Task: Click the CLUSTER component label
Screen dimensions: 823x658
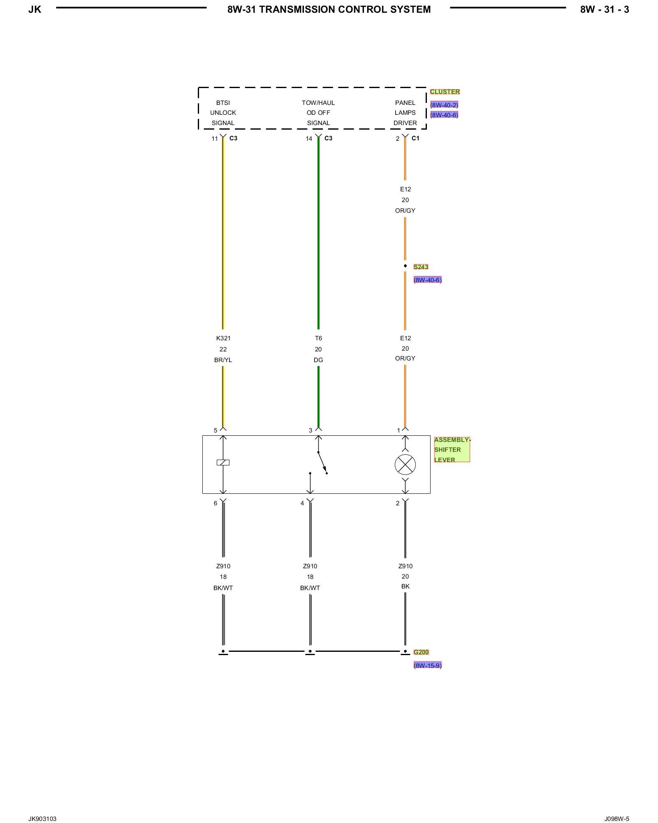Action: [x=445, y=92]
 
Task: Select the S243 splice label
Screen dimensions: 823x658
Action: [x=421, y=267]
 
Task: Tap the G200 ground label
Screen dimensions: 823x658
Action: [x=421, y=652]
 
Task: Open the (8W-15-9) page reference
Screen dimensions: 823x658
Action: [x=427, y=665]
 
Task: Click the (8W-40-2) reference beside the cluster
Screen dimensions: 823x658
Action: [x=444, y=105]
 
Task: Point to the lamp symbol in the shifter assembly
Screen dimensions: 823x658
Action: [x=405, y=465]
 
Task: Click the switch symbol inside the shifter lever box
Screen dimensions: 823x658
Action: [x=322, y=463]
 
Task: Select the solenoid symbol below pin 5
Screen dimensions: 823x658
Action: [x=223, y=463]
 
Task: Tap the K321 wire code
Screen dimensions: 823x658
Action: [x=223, y=338]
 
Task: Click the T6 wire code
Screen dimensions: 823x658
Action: [x=318, y=338]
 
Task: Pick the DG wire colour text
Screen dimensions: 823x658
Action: [x=318, y=360]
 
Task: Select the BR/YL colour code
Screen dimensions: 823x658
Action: [x=223, y=360]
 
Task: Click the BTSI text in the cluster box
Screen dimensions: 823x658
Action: [x=223, y=103]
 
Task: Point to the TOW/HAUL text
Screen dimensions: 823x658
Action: [x=318, y=103]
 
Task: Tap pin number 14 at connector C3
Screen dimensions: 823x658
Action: [x=309, y=139]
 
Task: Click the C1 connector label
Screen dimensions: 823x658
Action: [x=415, y=138]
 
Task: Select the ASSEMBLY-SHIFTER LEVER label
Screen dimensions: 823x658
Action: [x=451, y=450]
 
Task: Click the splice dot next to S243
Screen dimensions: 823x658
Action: [x=405, y=266]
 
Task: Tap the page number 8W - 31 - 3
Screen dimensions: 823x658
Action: [x=605, y=9]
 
